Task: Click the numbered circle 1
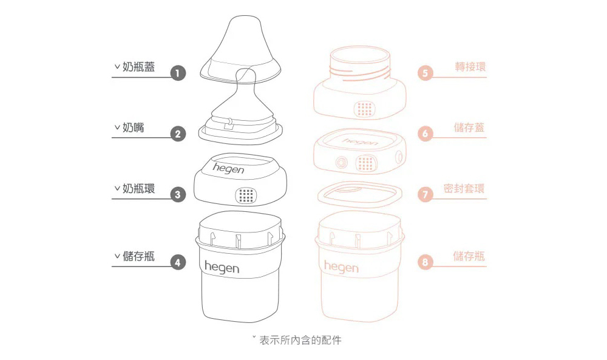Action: [177, 73]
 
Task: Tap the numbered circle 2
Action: [177, 134]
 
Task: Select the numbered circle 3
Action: [177, 195]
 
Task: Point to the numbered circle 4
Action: [177, 262]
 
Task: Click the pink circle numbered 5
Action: [426, 73]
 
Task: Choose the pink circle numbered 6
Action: [426, 134]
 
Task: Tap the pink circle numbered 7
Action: [426, 195]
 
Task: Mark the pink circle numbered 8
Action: [426, 262]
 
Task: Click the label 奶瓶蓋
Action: [138, 67]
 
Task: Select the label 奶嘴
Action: [134, 128]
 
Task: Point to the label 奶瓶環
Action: [138, 189]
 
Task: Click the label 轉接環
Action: [470, 67]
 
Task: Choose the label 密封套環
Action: [464, 188]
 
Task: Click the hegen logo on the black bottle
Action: [222, 267]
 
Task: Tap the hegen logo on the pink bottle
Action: [341, 267]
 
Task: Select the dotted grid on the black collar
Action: [245, 195]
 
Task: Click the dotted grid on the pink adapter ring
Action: [364, 109]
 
